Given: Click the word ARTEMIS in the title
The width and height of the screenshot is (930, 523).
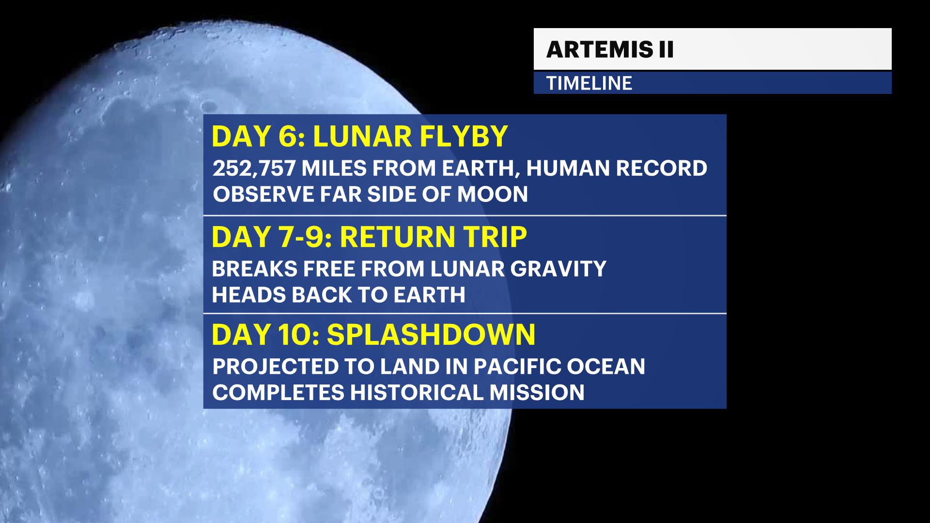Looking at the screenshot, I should point(600,49).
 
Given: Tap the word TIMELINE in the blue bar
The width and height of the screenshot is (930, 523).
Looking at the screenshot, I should point(589,83).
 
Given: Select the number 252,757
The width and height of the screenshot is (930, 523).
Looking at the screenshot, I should point(254,169).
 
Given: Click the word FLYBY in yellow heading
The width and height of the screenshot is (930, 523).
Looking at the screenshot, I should point(464,137).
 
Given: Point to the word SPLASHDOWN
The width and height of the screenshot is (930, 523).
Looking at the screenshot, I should point(431,335).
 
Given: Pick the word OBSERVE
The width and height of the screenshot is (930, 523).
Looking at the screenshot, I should point(263,195).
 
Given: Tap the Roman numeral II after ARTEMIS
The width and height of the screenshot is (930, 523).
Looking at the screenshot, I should point(666,49).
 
